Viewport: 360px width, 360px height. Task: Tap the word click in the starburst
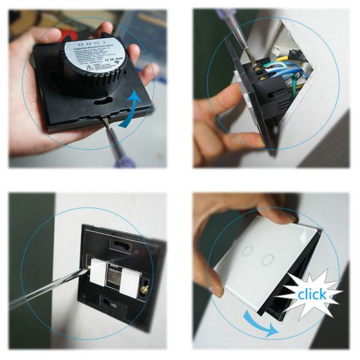pos(313,294)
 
